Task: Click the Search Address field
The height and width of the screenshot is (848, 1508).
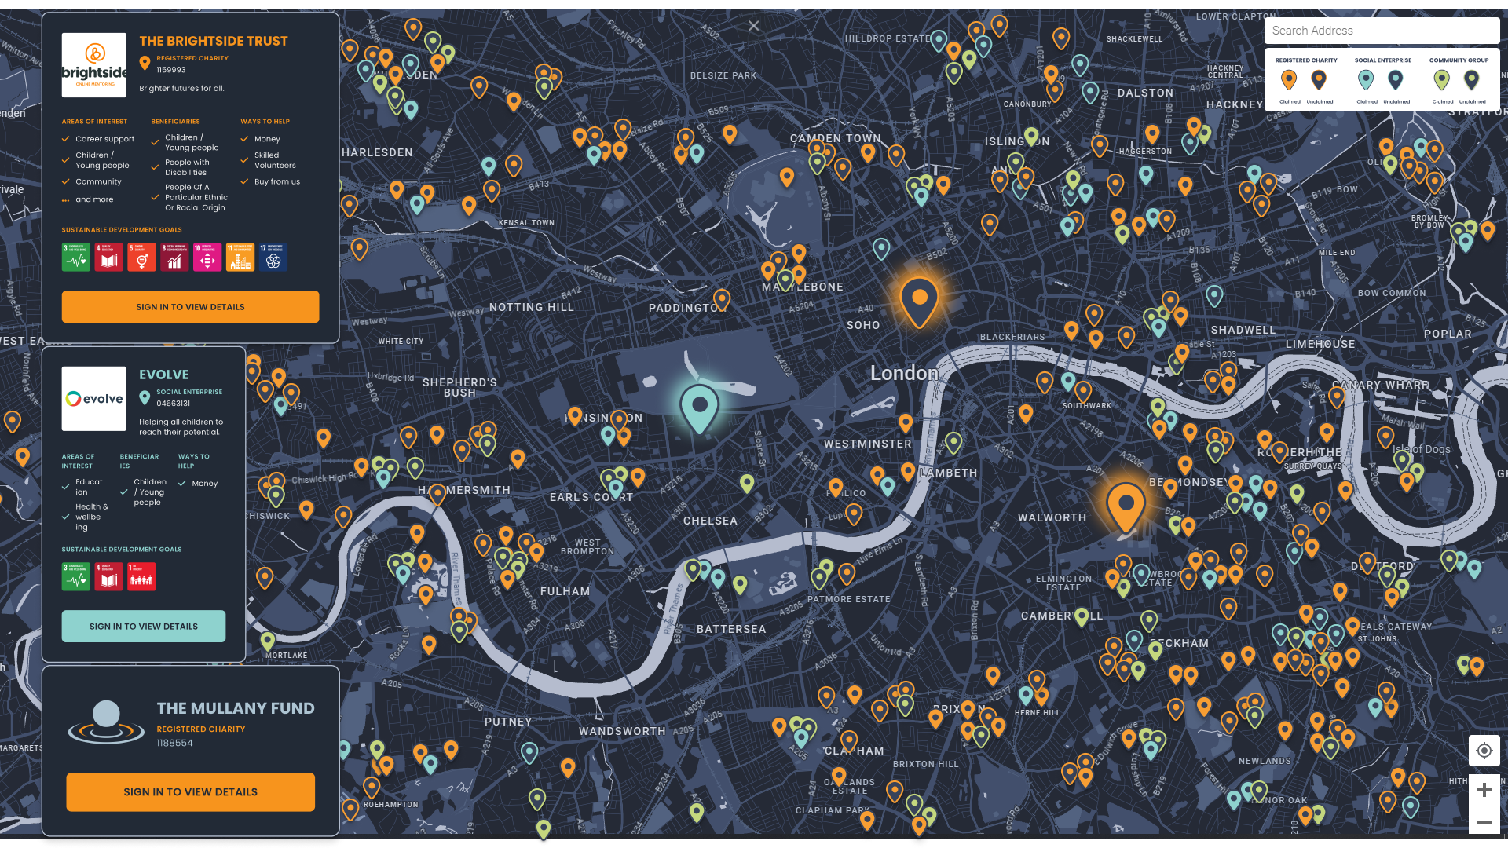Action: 1381,31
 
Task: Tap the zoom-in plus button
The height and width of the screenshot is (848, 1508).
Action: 1484,790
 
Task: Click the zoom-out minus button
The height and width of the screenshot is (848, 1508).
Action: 1484,821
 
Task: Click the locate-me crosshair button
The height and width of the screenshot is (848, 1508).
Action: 1484,751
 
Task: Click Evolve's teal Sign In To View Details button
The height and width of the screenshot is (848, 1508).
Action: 144,627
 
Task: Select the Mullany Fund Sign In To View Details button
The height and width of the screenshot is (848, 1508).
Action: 190,791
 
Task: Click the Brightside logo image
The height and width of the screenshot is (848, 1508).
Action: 94,65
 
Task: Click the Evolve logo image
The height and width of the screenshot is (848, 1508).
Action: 94,399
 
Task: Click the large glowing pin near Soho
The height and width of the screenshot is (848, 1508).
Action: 919,300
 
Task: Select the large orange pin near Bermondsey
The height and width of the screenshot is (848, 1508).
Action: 1126,505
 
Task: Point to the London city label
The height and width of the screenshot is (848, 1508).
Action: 904,373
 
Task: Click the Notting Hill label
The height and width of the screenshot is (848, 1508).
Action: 532,307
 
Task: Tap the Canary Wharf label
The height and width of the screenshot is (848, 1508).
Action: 1381,385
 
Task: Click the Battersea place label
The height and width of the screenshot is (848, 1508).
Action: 730,629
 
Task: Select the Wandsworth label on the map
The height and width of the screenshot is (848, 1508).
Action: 622,731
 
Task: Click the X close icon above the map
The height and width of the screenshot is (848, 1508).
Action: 754,26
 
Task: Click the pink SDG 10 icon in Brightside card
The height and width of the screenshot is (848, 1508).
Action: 207,258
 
